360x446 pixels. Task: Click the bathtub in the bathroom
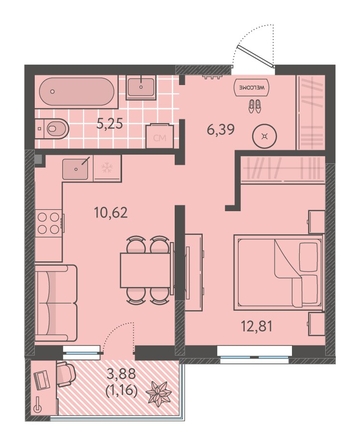click(x=76, y=92)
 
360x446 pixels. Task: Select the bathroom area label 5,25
click(x=110, y=124)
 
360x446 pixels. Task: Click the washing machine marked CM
click(x=159, y=136)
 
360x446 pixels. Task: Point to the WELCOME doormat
click(x=252, y=88)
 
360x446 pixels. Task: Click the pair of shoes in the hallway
click(x=255, y=107)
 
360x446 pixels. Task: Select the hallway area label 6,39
click(x=220, y=129)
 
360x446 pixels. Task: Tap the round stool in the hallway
click(x=265, y=136)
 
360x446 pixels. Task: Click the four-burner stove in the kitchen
click(x=49, y=223)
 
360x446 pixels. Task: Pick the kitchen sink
click(x=76, y=169)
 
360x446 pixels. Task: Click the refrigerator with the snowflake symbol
click(x=107, y=168)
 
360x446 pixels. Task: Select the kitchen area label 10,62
click(x=111, y=212)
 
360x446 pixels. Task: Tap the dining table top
click(x=146, y=270)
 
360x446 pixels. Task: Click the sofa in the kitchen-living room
click(x=56, y=303)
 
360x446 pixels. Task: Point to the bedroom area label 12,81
click(x=257, y=326)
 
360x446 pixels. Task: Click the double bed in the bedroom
click(x=279, y=272)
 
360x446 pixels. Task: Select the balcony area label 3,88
click(x=121, y=374)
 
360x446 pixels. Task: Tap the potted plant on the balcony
click(x=159, y=393)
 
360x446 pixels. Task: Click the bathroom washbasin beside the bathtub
click(x=141, y=88)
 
